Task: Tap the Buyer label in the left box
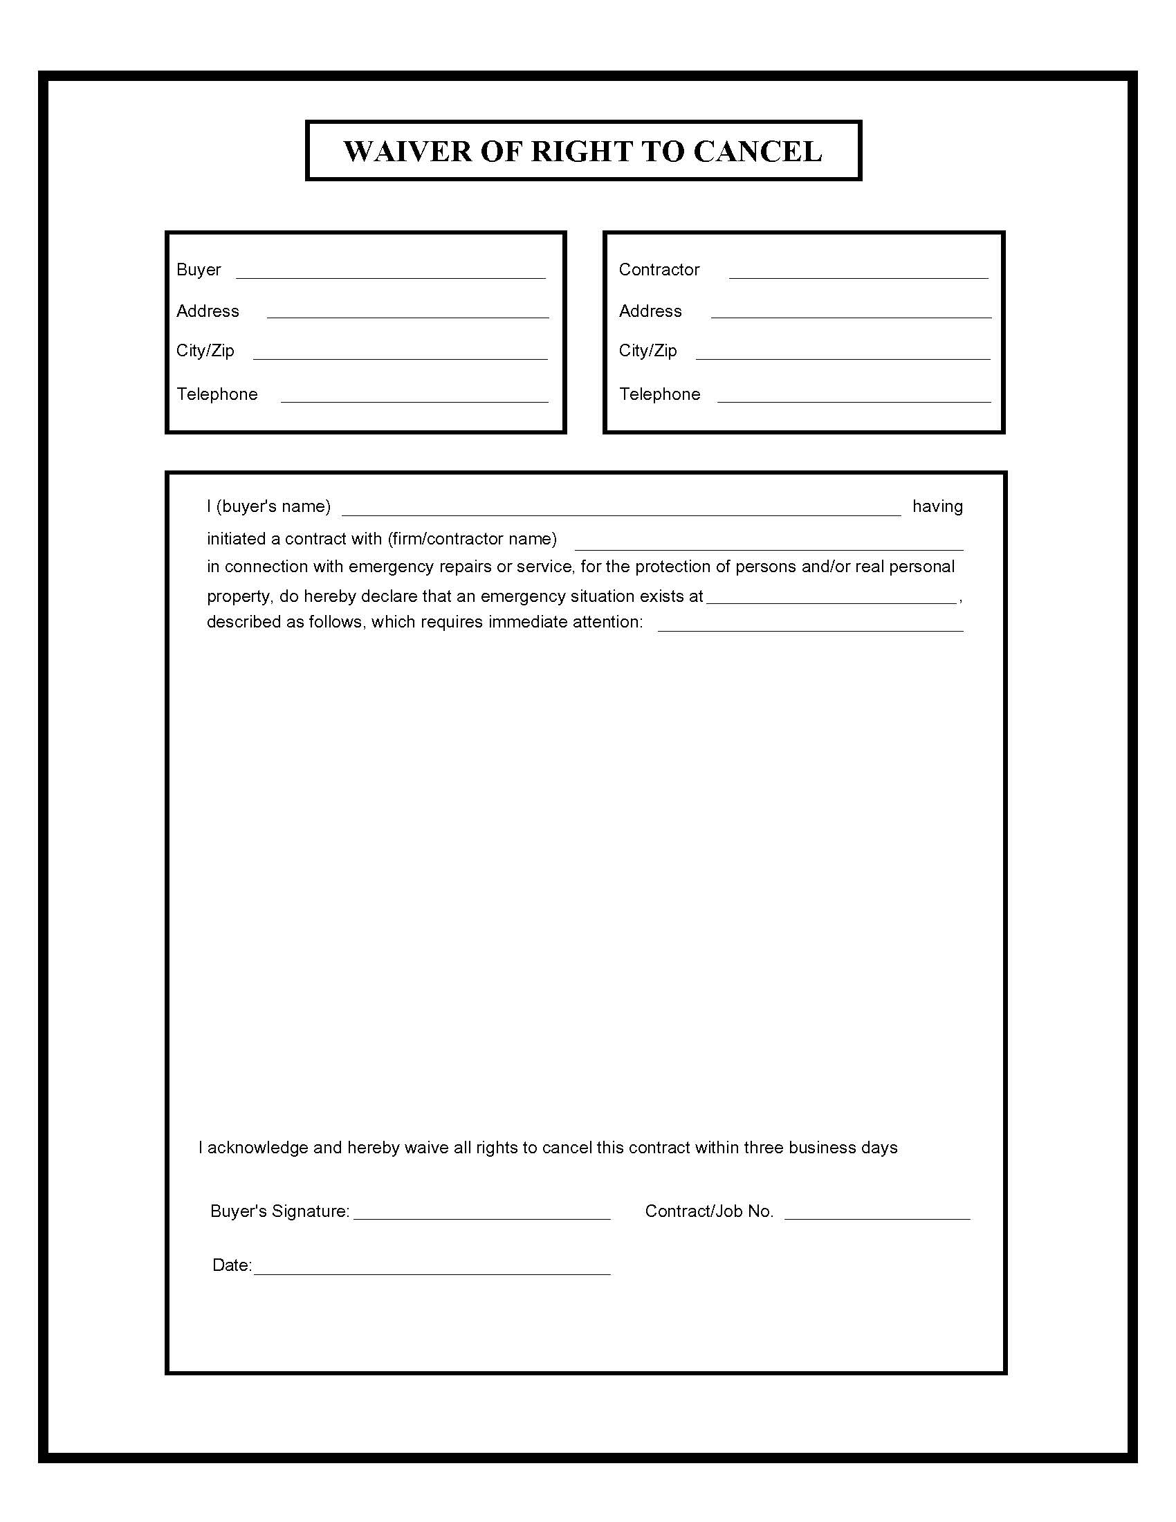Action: [199, 270]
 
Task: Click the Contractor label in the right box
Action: [659, 270]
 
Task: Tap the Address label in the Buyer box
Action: [208, 311]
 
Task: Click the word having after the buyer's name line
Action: [937, 506]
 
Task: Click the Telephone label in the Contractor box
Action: [659, 394]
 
